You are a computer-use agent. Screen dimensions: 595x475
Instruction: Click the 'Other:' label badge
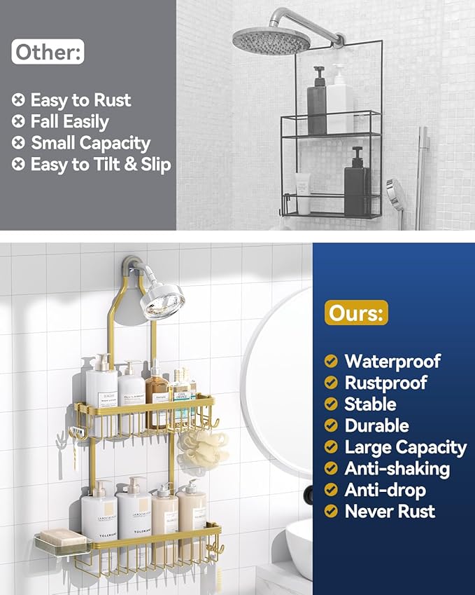[x=48, y=52]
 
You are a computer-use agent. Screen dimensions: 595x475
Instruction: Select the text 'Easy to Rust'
[x=80, y=100]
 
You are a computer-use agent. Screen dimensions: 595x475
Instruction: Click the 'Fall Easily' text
[x=69, y=122]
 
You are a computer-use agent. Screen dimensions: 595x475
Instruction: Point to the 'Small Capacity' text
[x=90, y=144]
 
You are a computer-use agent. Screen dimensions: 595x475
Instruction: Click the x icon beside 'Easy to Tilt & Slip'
[x=18, y=165]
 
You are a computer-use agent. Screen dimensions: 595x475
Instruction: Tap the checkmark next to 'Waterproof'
[x=332, y=362]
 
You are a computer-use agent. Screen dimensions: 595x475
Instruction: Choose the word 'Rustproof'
[x=385, y=383]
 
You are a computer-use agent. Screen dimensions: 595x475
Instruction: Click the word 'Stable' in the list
[x=370, y=404]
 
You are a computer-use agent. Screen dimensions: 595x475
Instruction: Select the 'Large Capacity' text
[x=405, y=447]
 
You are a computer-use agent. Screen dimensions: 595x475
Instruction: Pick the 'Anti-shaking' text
[x=397, y=469]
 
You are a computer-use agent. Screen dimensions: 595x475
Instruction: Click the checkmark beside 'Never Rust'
[x=332, y=512]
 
